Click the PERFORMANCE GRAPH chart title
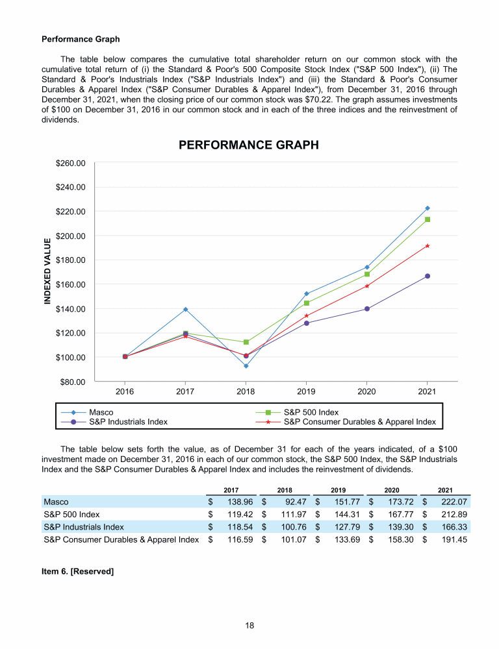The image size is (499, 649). point(249,145)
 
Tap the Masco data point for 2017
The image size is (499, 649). point(185,310)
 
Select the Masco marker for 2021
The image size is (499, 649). point(428,208)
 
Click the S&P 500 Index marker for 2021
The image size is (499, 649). point(428,219)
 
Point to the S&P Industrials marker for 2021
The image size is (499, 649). point(428,276)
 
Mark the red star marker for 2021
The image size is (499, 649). point(428,246)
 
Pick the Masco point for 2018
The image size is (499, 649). point(246,366)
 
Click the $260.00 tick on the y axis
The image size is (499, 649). point(71,163)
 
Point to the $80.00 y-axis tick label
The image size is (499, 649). point(73,382)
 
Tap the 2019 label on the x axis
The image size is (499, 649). point(306,392)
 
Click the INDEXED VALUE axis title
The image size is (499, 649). point(47,271)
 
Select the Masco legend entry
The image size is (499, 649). point(101,412)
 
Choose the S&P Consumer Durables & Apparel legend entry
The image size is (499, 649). point(359,422)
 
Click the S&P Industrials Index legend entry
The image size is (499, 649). point(128,422)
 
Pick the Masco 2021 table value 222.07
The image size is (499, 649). point(454,502)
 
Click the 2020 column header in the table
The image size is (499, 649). point(392,489)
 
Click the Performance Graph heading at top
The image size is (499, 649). point(81,39)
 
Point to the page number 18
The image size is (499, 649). point(249,626)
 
